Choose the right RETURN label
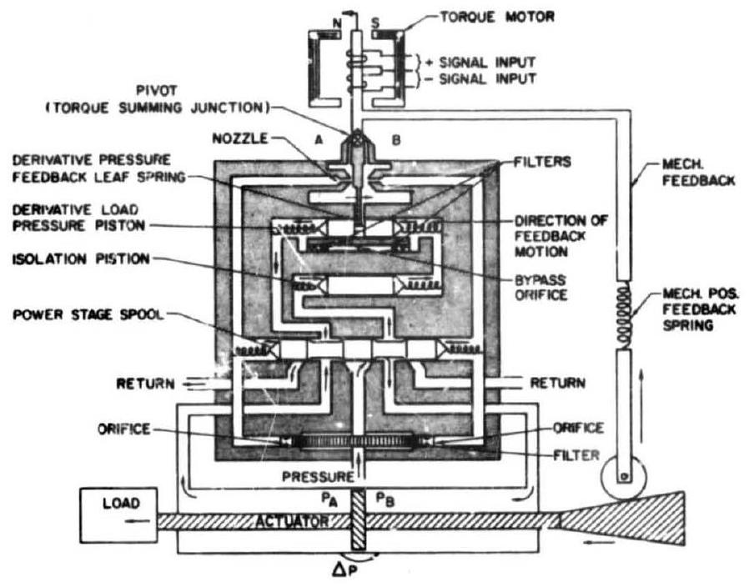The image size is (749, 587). tap(556, 384)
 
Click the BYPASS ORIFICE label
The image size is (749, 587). tap(544, 285)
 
